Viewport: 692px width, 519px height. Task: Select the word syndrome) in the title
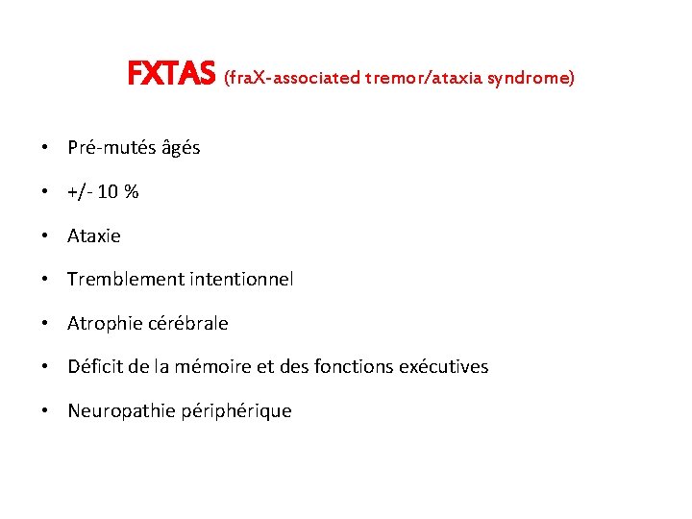[531, 77]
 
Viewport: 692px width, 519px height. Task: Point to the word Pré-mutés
[108, 148]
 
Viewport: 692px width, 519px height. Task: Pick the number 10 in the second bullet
[108, 192]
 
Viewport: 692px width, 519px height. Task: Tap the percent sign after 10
[132, 192]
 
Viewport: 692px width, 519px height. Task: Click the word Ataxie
[94, 235]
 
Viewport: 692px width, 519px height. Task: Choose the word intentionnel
[234, 280]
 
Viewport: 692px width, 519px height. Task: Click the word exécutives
[447, 367]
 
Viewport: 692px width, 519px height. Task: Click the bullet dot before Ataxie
[45, 236]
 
